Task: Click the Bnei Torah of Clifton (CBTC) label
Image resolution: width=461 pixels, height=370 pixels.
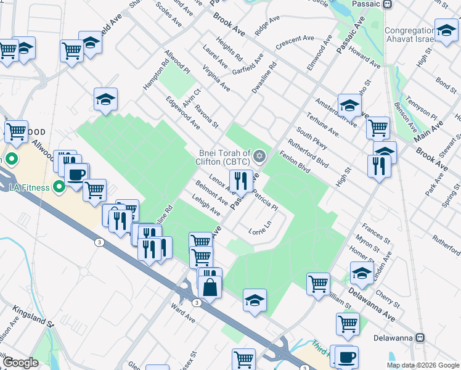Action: click(224, 157)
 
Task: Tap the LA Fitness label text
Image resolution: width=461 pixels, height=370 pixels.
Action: click(28, 186)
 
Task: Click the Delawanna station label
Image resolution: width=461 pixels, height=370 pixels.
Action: click(394, 338)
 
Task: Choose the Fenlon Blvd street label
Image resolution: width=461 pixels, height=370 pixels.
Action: click(294, 163)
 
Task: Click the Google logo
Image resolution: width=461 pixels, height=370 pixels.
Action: click(20, 363)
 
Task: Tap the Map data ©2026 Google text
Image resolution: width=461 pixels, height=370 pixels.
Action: click(423, 365)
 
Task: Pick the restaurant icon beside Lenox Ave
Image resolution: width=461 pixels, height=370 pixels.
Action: click(240, 181)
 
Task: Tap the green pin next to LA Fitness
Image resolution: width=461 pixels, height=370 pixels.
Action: click(59, 186)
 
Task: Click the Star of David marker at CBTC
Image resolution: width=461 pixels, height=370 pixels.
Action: click(259, 155)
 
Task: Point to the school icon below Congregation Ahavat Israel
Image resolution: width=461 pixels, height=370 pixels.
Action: click(446, 30)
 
